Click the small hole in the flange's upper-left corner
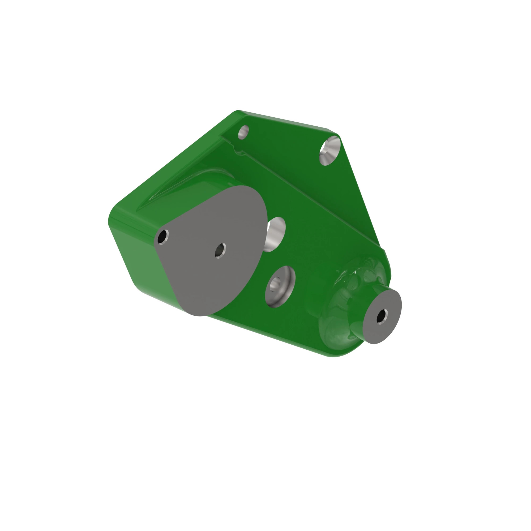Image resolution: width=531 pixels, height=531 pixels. click(243, 132)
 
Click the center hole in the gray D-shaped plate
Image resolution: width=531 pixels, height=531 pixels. click(220, 250)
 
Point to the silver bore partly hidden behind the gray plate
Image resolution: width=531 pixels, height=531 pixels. click(276, 234)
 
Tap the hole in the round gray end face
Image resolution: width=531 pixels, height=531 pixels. click(382, 316)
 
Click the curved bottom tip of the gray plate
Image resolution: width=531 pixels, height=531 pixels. click(199, 315)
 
